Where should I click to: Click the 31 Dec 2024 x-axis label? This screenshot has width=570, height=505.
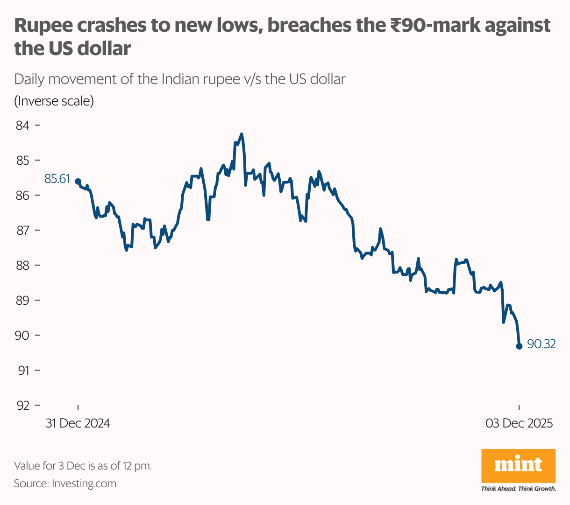click(78, 423)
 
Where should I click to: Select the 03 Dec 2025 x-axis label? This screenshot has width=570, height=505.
click(519, 423)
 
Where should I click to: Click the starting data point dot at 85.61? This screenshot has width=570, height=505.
click(78, 181)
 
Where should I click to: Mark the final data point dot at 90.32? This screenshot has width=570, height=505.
click(519, 346)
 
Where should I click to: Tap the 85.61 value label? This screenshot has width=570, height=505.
click(57, 179)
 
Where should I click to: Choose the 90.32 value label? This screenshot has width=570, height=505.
click(541, 344)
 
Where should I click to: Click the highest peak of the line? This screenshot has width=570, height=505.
click(242, 134)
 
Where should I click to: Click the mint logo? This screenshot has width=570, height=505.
click(518, 465)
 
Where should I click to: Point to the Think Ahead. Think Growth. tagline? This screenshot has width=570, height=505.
click(518, 489)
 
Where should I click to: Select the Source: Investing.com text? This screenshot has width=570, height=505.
click(65, 484)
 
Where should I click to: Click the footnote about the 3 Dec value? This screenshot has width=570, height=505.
click(83, 466)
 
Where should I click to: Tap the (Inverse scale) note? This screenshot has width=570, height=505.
click(54, 101)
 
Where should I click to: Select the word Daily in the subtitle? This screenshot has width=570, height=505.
click(29, 79)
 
